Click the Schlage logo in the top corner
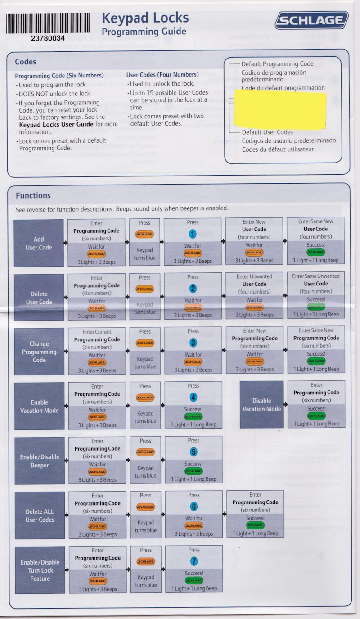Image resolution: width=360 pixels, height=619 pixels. (x=312, y=21)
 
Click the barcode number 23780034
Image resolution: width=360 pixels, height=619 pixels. (x=48, y=38)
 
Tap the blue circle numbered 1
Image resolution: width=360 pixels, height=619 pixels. (x=193, y=234)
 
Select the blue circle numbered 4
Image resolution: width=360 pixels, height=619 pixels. (x=193, y=398)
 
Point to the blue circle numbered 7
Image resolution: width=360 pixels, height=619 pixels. (x=194, y=561)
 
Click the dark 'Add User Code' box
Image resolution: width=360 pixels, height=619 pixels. (x=39, y=243)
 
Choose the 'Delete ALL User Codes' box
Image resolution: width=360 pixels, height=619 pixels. (x=40, y=515)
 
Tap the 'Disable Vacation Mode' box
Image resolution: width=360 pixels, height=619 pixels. (x=261, y=405)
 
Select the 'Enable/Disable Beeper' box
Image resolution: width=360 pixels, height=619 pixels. (x=40, y=461)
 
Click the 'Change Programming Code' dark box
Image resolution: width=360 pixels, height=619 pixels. (x=39, y=352)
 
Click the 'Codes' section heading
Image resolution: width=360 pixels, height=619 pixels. (x=26, y=62)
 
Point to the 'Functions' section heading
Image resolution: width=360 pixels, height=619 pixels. (x=33, y=195)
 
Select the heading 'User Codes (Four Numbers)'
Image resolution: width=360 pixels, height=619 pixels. (x=162, y=75)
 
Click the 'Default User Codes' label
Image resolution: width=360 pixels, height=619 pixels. (x=267, y=132)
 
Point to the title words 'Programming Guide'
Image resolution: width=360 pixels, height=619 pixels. (x=144, y=32)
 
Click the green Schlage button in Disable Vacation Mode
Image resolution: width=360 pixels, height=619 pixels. (x=316, y=416)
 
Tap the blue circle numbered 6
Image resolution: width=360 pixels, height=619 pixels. (x=193, y=506)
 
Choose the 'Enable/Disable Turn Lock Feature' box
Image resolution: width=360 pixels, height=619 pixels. (x=40, y=570)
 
